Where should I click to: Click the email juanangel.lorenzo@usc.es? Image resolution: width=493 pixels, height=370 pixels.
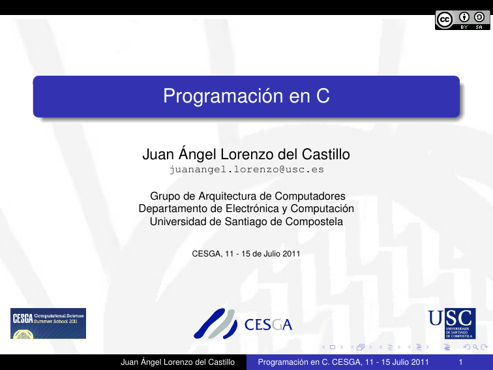pyautogui.click(x=246, y=170)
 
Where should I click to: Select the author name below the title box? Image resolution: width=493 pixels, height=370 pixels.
pyautogui.click(x=246, y=155)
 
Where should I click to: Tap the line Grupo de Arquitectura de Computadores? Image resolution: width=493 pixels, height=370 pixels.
pyautogui.click(x=246, y=196)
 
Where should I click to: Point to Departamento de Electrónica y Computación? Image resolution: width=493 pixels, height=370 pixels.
pyautogui.click(x=246, y=209)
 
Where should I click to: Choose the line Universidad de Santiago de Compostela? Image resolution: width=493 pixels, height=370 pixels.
pyautogui.click(x=246, y=222)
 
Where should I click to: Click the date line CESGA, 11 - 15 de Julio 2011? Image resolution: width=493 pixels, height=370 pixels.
pyautogui.click(x=246, y=254)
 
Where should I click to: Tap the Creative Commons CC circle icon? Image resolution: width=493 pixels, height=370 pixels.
pyautogui.click(x=445, y=21)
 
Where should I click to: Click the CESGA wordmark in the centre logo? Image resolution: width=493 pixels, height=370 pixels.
pyautogui.click(x=268, y=325)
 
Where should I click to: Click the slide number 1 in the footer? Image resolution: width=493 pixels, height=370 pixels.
pyautogui.click(x=461, y=362)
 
